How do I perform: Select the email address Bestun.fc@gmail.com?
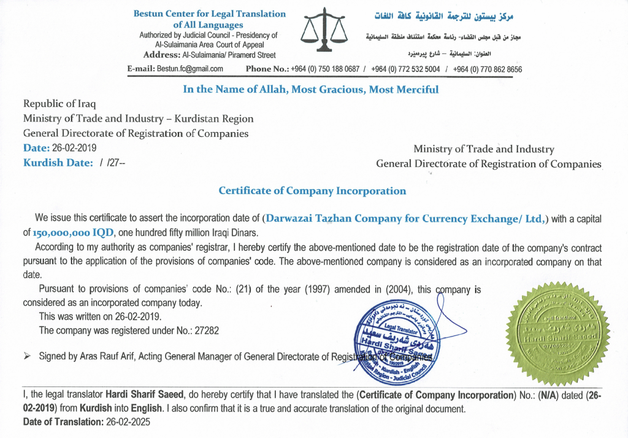click(x=190, y=69)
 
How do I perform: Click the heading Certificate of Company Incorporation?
click(x=312, y=190)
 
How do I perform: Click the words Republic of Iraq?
click(x=60, y=103)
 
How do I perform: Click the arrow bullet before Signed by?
click(x=27, y=356)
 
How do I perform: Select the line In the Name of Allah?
click(x=311, y=89)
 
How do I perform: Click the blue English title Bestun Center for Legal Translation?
click(x=209, y=14)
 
